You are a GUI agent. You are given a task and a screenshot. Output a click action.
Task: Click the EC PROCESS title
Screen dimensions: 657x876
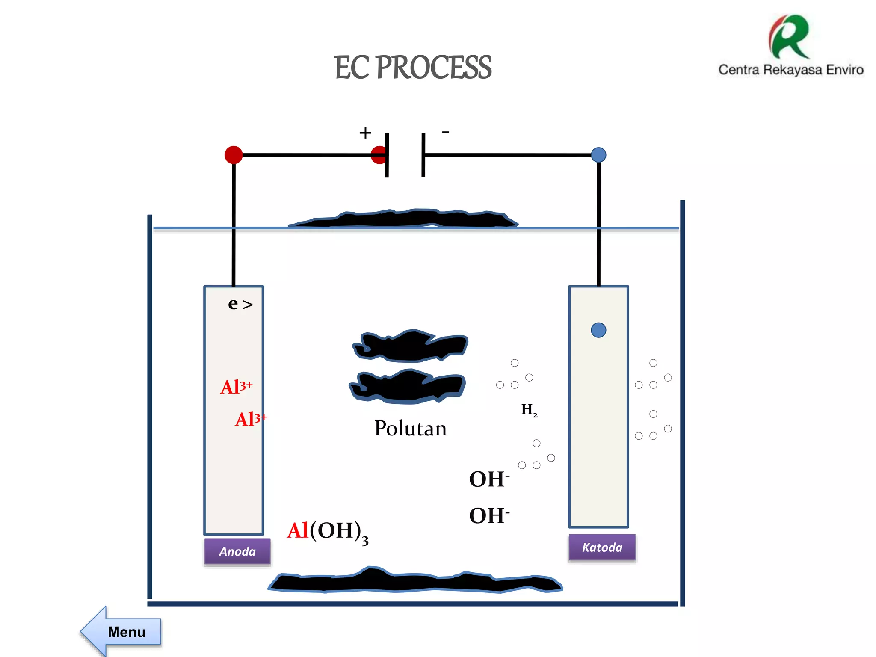pos(413,68)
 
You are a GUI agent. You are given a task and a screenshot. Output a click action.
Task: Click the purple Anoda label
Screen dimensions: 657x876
pos(237,551)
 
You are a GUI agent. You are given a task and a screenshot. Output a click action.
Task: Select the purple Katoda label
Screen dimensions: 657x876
pos(602,547)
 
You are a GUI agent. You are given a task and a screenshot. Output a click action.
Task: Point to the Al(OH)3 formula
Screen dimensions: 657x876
pos(327,532)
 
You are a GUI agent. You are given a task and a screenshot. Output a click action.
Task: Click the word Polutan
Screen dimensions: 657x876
pos(410,428)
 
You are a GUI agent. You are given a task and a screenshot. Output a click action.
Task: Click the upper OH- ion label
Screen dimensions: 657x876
pos(489,479)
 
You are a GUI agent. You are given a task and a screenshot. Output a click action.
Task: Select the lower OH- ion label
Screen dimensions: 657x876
pos(489,515)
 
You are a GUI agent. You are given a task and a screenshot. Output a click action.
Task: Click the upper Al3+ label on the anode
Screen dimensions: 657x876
pos(236,387)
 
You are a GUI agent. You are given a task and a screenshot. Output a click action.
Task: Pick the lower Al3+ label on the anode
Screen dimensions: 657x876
pos(251,419)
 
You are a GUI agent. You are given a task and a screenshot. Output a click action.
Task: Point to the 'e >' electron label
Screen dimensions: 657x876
pos(240,304)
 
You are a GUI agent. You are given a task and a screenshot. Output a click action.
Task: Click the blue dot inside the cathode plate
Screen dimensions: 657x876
pos(598,330)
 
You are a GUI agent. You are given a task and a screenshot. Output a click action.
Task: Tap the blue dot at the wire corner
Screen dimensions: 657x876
pos(598,155)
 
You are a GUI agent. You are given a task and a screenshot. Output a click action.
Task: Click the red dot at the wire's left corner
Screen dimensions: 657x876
pos(234,155)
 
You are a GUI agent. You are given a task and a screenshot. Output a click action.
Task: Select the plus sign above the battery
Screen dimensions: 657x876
pos(365,133)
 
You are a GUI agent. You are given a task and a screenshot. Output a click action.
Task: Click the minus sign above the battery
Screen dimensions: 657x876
pos(446,132)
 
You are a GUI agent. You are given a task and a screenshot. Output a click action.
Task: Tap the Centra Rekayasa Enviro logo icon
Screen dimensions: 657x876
pos(790,37)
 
